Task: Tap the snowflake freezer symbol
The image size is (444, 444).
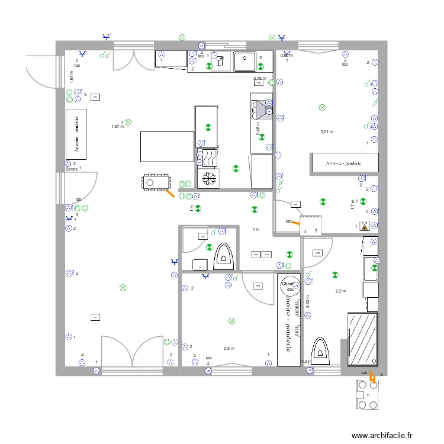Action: coord(208,179)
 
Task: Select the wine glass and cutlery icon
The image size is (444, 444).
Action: coord(220,61)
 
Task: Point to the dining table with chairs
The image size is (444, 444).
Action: coord(156,182)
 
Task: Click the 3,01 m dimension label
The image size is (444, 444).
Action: coord(327,132)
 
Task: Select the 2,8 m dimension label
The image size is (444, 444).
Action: coord(229,349)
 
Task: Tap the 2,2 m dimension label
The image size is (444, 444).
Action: coord(340,291)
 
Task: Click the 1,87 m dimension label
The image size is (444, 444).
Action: coord(117,126)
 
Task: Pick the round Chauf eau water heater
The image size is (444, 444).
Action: coord(289,285)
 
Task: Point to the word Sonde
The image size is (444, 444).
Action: coord(72,169)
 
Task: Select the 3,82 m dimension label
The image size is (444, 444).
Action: coord(307,304)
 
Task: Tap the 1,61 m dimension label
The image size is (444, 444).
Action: coord(71,76)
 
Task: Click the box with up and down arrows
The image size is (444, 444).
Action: coord(311,230)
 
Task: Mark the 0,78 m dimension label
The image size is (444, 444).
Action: coord(259,78)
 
